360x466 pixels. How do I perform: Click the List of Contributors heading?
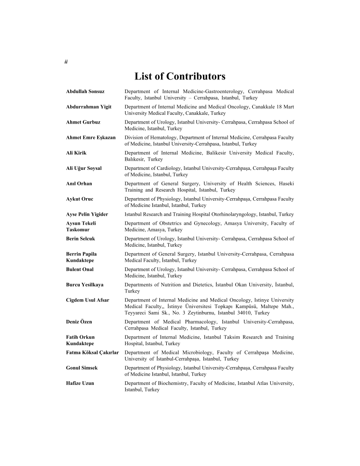180,76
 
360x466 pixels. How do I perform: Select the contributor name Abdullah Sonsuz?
85,91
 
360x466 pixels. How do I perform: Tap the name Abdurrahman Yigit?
89,107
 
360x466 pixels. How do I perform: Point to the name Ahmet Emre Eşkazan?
91,137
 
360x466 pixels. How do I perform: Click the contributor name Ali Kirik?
76,153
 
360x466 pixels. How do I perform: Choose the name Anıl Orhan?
79,183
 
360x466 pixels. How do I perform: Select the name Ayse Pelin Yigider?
87,214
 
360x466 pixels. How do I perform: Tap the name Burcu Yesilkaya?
85,285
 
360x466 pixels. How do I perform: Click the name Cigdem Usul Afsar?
88,300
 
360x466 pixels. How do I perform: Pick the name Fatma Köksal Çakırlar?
93,352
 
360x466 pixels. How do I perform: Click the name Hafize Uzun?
80,383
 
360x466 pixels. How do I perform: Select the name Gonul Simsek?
82,368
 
